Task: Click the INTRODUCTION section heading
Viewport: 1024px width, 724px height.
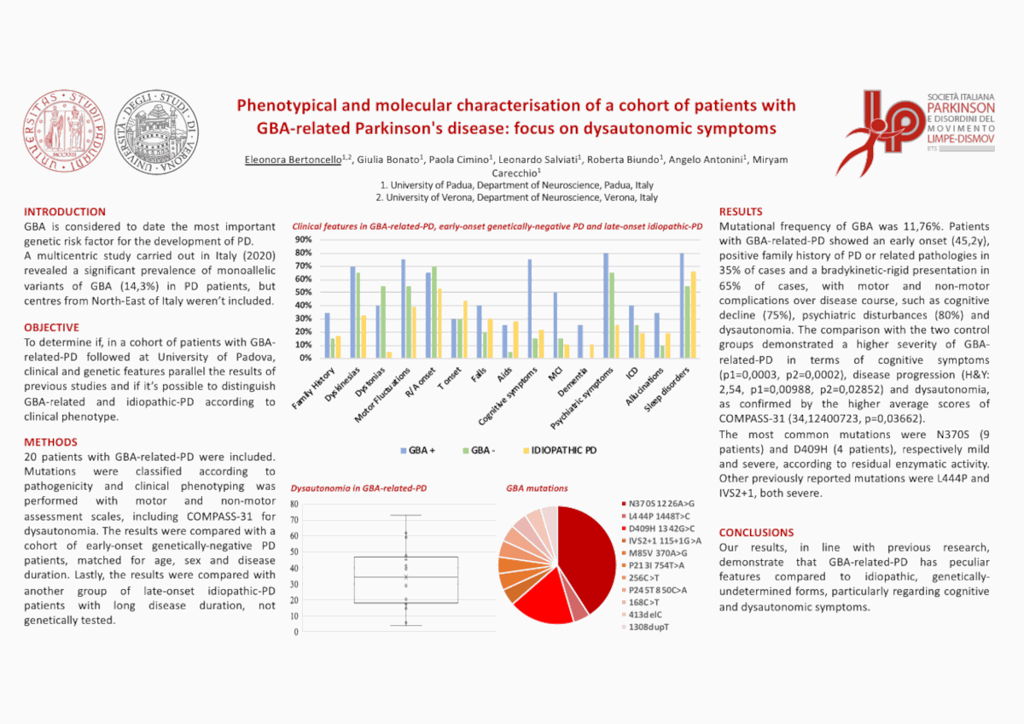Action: tap(65, 212)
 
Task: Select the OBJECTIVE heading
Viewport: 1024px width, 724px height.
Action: tap(51, 327)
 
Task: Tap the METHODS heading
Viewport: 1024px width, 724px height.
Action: tap(50, 442)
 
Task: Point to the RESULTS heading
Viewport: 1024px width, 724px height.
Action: tap(741, 212)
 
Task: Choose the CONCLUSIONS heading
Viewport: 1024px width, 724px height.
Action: tap(756, 532)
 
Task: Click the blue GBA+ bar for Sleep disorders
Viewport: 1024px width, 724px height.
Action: tap(682, 305)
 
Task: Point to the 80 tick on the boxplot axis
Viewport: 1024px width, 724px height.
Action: tap(294, 504)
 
